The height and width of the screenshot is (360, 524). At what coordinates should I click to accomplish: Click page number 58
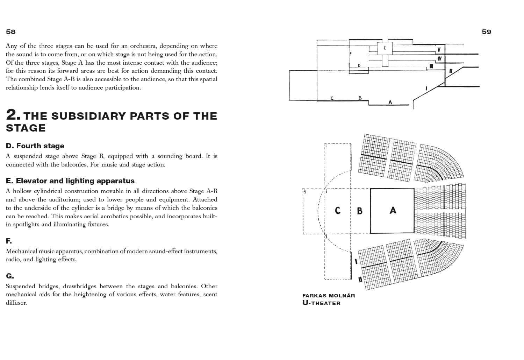click(11, 32)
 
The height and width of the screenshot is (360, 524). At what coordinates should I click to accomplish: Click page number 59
click(486, 32)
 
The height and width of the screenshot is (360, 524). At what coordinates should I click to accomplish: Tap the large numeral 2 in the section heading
click(12, 115)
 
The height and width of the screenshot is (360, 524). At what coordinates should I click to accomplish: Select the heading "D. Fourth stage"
click(35, 146)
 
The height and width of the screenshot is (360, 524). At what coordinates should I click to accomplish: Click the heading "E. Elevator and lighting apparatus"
click(70, 181)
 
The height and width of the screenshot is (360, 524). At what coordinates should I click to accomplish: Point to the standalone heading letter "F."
click(9, 241)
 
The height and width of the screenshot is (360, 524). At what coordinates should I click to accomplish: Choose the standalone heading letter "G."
click(10, 276)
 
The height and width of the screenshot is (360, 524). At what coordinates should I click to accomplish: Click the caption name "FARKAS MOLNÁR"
click(328, 296)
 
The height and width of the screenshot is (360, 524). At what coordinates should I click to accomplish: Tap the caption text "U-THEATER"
click(321, 303)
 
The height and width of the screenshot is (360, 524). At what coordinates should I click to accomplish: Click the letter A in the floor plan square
click(393, 210)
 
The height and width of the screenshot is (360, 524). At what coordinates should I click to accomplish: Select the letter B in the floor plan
click(359, 211)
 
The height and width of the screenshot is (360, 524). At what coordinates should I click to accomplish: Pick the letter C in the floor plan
click(337, 211)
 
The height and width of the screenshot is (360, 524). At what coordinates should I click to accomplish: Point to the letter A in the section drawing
click(390, 103)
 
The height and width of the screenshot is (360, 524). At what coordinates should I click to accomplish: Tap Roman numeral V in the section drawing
click(439, 50)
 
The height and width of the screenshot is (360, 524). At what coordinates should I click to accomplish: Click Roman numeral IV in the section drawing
click(439, 58)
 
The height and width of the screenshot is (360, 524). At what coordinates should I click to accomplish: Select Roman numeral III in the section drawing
click(431, 66)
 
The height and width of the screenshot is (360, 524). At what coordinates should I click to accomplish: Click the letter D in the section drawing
click(359, 66)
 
